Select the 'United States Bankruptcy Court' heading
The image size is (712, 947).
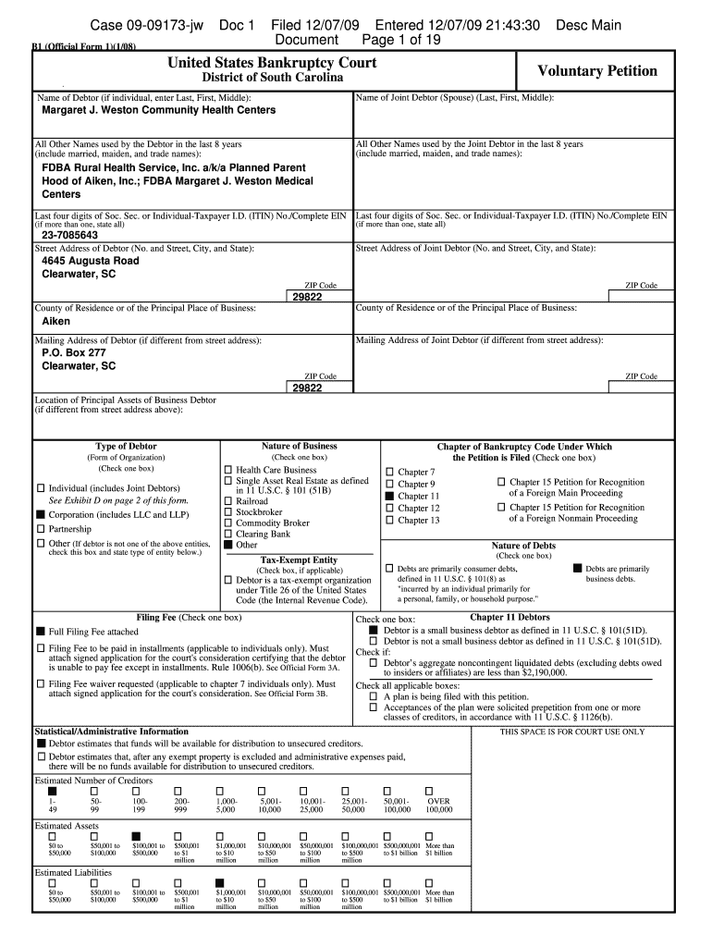pos(272,63)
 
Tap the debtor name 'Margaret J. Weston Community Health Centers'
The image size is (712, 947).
pos(159,110)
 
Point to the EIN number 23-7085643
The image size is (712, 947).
pos(70,235)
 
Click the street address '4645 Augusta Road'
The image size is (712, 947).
pos(91,261)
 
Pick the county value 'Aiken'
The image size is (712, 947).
pos(56,322)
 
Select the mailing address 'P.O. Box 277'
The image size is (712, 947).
pos(74,352)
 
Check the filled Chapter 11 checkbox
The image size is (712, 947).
pos(389,496)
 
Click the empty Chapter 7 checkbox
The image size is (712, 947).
pos(389,472)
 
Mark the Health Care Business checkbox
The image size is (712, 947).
pos(228,470)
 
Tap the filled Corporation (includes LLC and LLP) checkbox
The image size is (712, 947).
pos(41,514)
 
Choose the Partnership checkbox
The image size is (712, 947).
pos(41,529)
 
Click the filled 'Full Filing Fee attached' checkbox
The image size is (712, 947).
pos(41,632)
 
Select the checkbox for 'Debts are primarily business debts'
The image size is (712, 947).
pos(577,568)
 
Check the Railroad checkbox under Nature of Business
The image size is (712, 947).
pos(228,500)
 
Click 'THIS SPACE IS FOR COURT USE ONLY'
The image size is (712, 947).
pos(572,732)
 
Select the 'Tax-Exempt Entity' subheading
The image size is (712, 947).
pos(299,560)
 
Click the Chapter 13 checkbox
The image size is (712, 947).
pos(389,520)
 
